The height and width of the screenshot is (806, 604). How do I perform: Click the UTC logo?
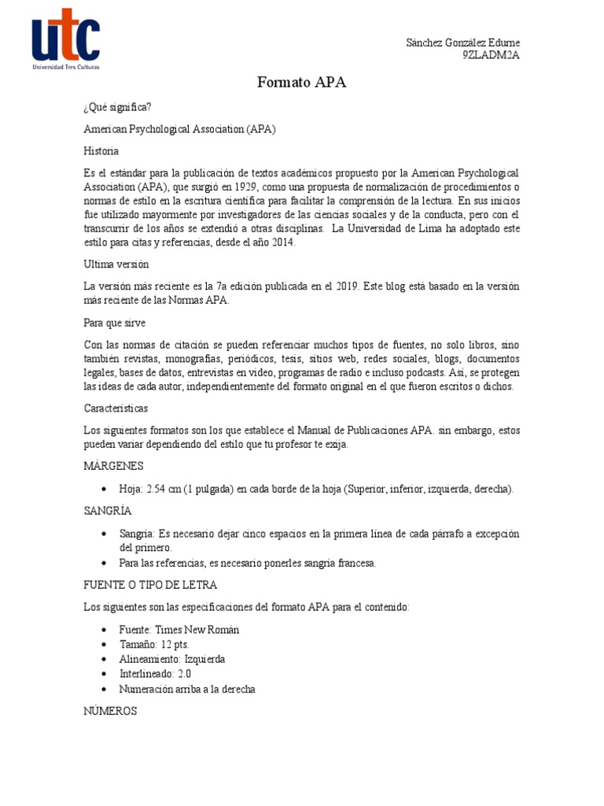[x=65, y=39]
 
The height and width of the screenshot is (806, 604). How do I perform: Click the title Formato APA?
[x=302, y=82]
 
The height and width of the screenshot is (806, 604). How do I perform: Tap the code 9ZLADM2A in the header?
[x=491, y=55]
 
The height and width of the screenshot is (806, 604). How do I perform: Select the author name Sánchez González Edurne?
[x=462, y=43]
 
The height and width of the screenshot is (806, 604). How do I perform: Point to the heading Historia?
[x=101, y=150]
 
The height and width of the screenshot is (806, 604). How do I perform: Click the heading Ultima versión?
[x=116, y=264]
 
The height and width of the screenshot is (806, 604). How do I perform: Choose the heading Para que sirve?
[x=115, y=323]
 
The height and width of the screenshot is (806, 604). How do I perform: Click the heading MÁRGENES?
[x=113, y=466]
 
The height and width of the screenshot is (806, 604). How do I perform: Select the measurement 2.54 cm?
[x=164, y=489]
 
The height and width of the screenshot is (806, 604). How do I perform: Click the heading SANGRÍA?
[x=109, y=511]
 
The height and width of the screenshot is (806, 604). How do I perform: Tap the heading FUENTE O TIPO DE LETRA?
[x=150, y=585]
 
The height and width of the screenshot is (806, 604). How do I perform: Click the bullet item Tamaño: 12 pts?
[x=154, y=644]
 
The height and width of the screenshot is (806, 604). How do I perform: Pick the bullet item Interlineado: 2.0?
[x=155, y=674]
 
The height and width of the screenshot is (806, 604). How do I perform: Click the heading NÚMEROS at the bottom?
[x=110, y=711]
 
